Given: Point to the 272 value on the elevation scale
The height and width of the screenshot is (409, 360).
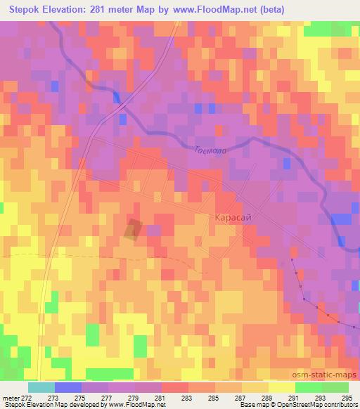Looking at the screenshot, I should pyautogui.click(x=25, y=398).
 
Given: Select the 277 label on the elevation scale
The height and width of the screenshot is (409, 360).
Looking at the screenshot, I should pyautogui.click(x=106, y=398).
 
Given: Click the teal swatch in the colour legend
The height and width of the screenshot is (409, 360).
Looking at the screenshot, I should pyautogui.click(x=41, y=387).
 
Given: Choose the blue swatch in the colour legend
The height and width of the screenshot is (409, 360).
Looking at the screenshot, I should pyautogui.click(x=67, y=387).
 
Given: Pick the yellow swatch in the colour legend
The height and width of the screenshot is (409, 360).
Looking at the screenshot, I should pyautogui.click(x=282, y=387).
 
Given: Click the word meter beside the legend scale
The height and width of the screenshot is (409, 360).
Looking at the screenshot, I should pyautogui.click(x=10, y=398).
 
